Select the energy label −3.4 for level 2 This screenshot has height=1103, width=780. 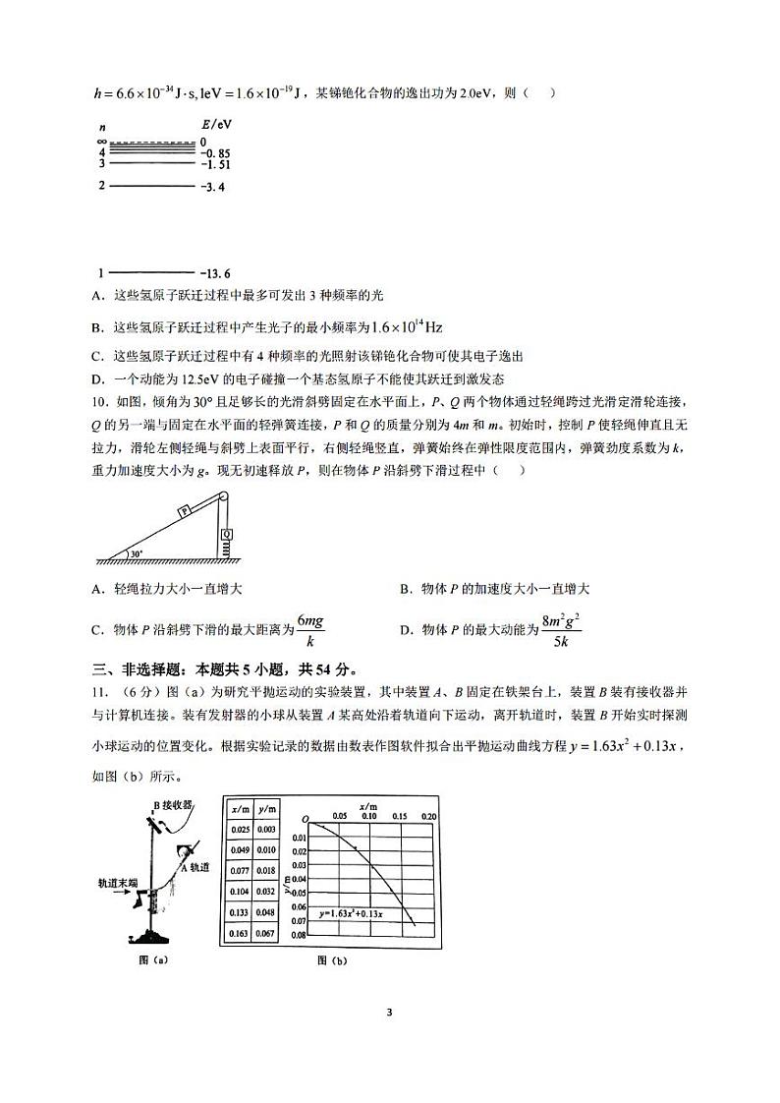[213, 186]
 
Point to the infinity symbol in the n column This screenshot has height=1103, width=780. [101, 143]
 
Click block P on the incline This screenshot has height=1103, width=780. [184, 510]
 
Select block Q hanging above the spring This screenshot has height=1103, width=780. [227, 535]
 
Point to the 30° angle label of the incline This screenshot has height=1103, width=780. [137, 554]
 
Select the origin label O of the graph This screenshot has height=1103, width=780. [306, 819]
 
